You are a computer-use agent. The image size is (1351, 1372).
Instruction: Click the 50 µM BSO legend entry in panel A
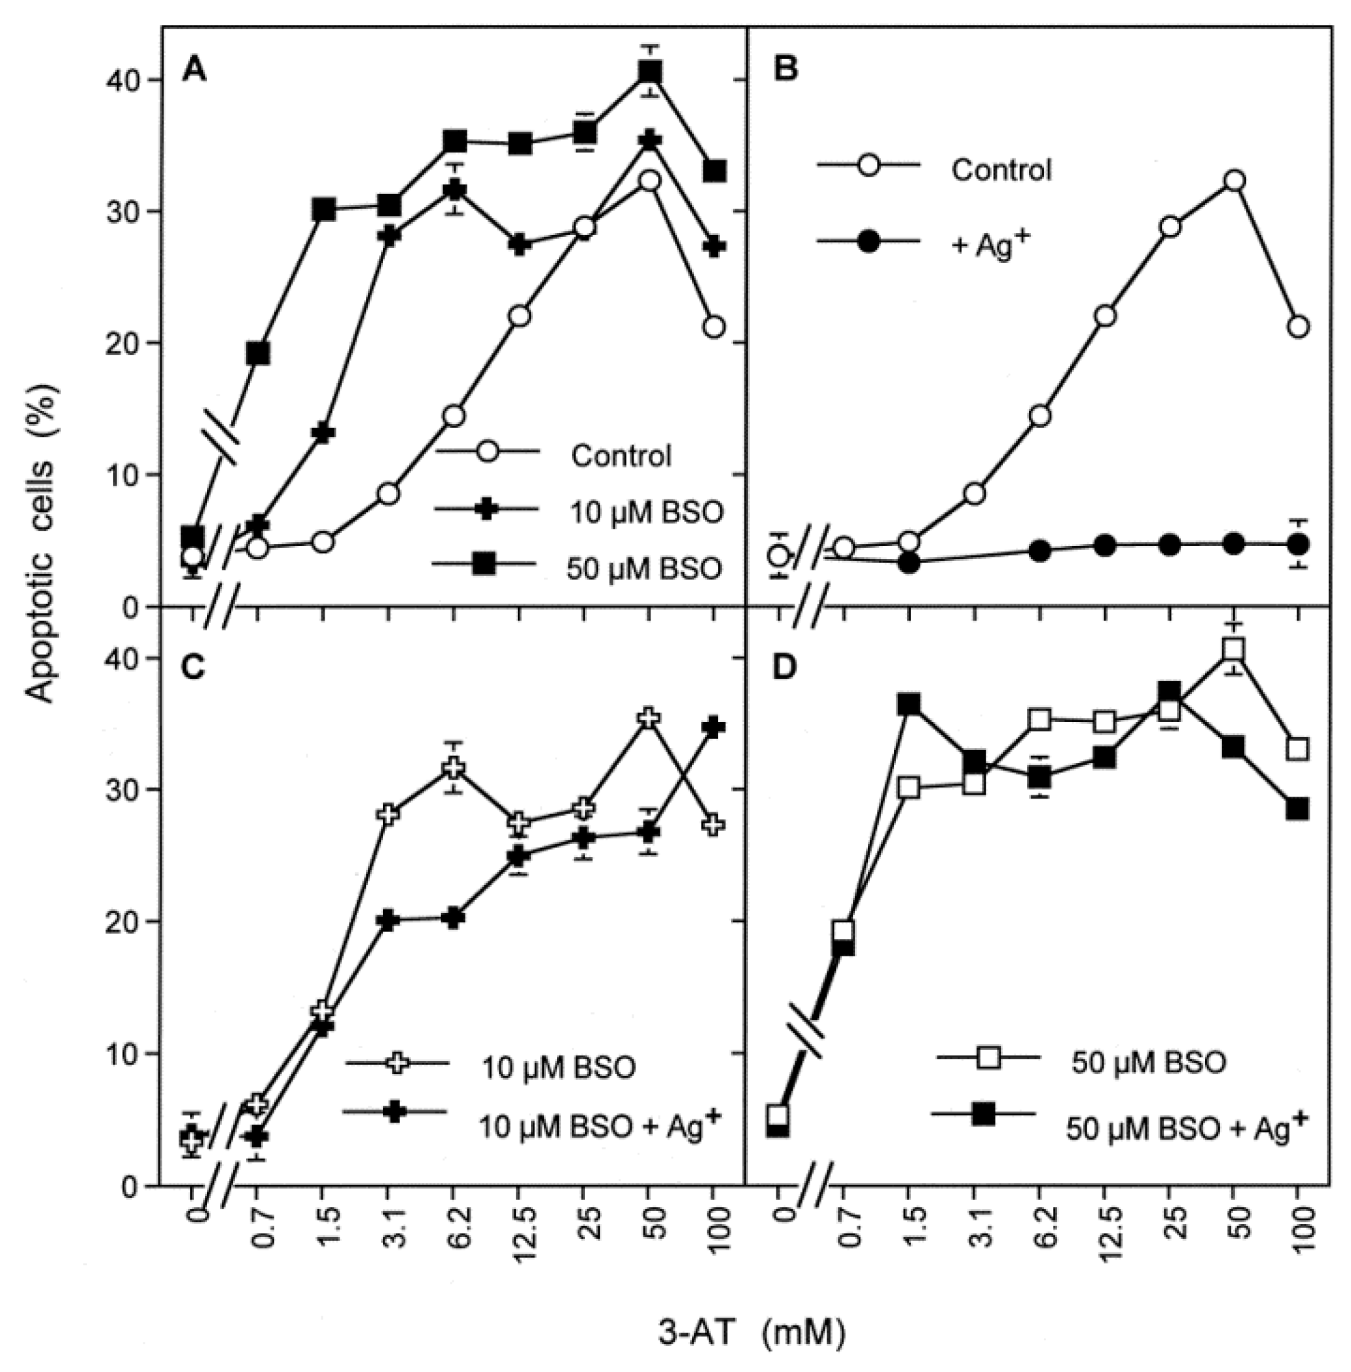[643, 568]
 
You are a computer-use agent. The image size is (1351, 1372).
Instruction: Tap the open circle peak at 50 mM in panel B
[1234, 180]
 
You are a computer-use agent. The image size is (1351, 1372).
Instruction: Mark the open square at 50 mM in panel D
[1234, 649]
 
